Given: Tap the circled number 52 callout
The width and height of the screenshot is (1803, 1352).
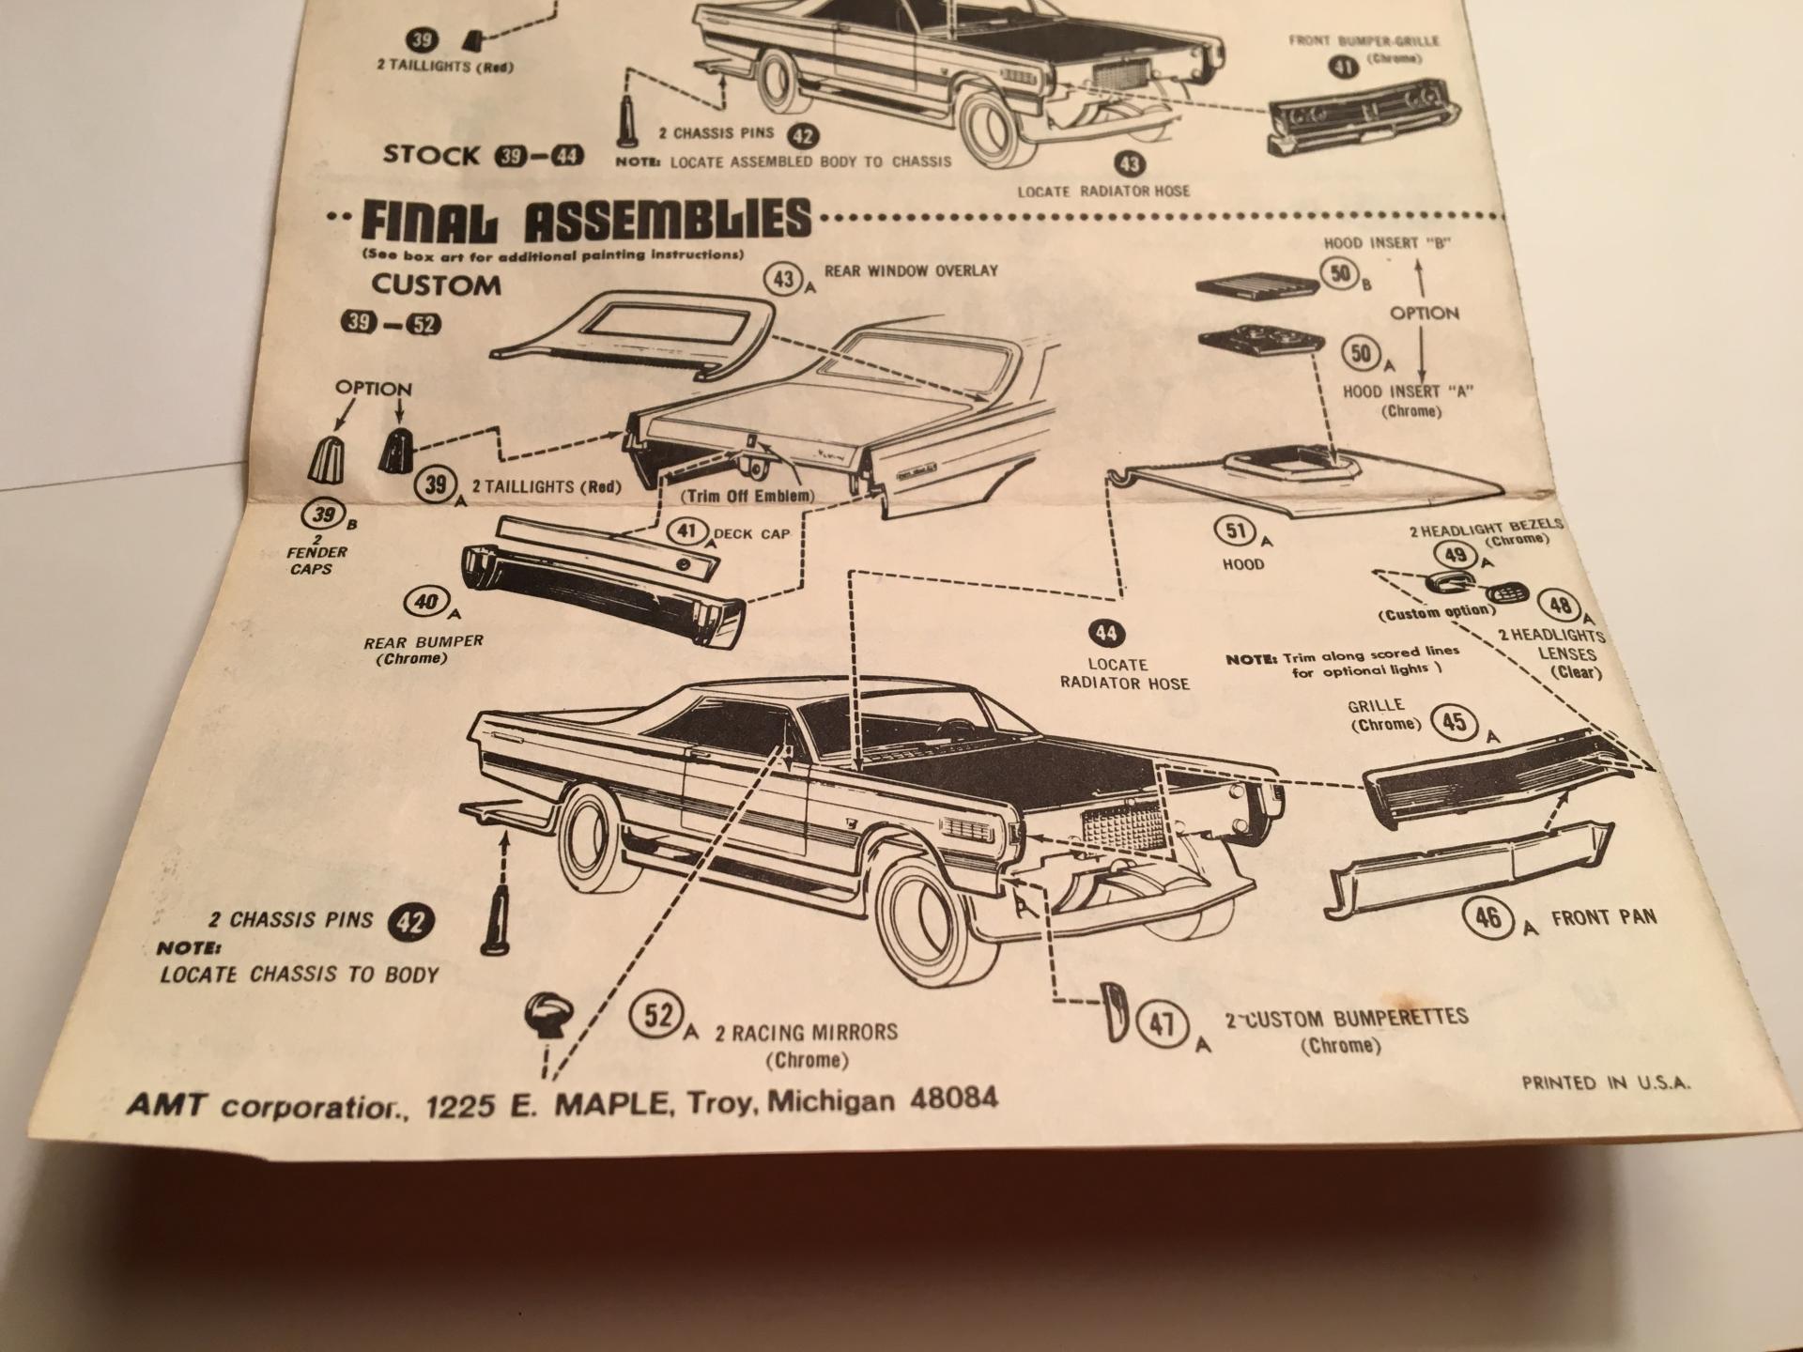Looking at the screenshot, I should click(658, 1017).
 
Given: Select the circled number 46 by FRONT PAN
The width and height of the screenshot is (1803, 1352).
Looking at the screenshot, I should click(1489, 917).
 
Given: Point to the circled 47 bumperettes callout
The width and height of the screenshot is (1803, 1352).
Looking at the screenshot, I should click(1163, 1022).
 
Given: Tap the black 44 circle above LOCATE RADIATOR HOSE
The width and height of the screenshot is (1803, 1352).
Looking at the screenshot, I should click(1106, 634).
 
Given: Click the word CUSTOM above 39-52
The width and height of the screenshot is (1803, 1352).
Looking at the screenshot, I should click(436, 285).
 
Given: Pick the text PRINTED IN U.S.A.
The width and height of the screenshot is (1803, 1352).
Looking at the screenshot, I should click(1606, 1083).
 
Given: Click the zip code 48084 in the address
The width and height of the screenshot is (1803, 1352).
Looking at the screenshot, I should click(954, 1098).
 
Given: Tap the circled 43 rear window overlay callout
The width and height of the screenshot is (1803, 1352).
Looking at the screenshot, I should click(784, 279).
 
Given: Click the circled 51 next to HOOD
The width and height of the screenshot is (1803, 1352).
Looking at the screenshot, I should click(1237, 531).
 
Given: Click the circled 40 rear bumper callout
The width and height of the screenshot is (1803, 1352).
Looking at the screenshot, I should click(426, 601).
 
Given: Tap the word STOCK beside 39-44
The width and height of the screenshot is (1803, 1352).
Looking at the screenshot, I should click(431, 155).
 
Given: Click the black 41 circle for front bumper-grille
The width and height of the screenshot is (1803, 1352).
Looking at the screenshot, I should click(1345, 66).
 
